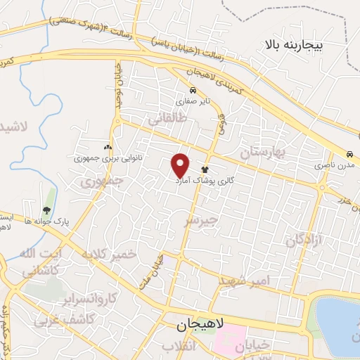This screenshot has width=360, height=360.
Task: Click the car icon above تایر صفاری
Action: pyautogui.click(x=192, y=90)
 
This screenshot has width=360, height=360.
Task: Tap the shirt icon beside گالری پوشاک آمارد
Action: pyautogui.click(x=205, y=169)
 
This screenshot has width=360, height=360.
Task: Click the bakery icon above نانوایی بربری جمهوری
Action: pyautogui.click(x=108, y=148)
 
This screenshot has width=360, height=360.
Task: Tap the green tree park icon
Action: pyautogui.click(x=46, y=210)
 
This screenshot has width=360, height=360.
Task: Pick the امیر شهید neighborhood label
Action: pyautogui.click(x=244, y=281)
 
